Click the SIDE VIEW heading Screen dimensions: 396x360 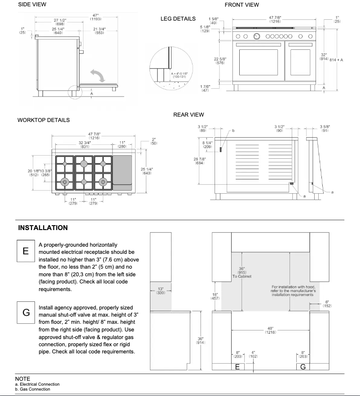click(x=32, y=4)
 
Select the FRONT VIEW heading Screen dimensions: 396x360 click(x=241, y=5)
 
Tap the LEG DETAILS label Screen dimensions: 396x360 click(x=178, y=19)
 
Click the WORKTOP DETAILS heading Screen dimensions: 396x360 click(x=43, y=120)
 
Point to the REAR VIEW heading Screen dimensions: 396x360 click(x=189, y=115)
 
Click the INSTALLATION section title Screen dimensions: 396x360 click(x=43, y=228)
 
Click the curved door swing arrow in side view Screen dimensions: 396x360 click(x=98, y=75)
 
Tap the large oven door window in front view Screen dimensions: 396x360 click(x=259, y=63)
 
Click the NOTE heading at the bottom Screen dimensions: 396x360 click(x=22, y=379)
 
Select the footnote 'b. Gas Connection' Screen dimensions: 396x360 click(x=32, y=389)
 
